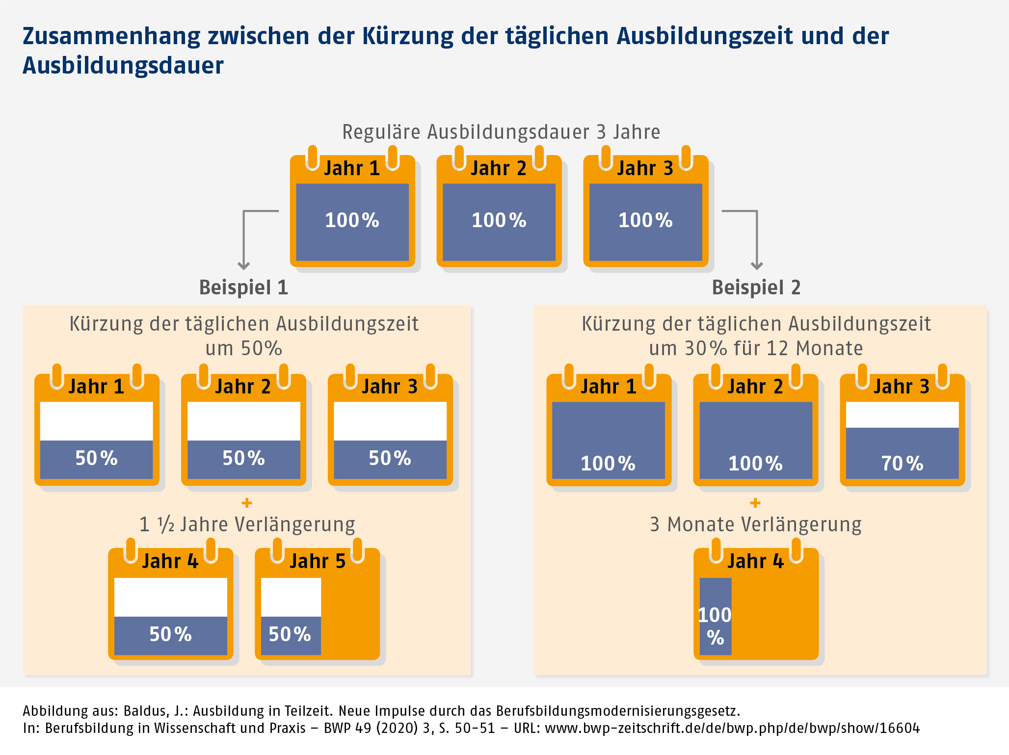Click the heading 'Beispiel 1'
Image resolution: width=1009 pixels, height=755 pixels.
[243, 287]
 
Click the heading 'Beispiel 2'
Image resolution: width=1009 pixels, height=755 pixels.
[756, 287]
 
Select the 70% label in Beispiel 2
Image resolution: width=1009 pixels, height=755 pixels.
[902, 464]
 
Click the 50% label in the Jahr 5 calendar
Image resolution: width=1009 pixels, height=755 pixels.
[290, 634]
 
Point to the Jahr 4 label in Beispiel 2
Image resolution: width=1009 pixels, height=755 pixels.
[755, 561]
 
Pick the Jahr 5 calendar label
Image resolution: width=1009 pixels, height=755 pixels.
[318, 561]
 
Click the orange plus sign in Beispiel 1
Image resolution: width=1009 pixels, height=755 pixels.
[247, 503]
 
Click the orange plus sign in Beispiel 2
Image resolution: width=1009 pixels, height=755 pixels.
[755, 503]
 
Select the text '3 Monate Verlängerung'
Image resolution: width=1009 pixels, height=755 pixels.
[755, 524]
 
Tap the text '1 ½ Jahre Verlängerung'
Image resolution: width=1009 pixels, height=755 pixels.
[247, 524]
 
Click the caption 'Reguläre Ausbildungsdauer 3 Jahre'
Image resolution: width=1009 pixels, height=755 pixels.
[501, 132]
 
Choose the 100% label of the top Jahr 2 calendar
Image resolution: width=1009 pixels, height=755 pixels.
[499, 220]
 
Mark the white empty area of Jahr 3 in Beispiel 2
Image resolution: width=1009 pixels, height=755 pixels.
[902, 415]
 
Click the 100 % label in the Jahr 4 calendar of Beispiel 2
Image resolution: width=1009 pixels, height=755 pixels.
[715, 626]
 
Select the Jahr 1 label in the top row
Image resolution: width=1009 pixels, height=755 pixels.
[352, 168]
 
